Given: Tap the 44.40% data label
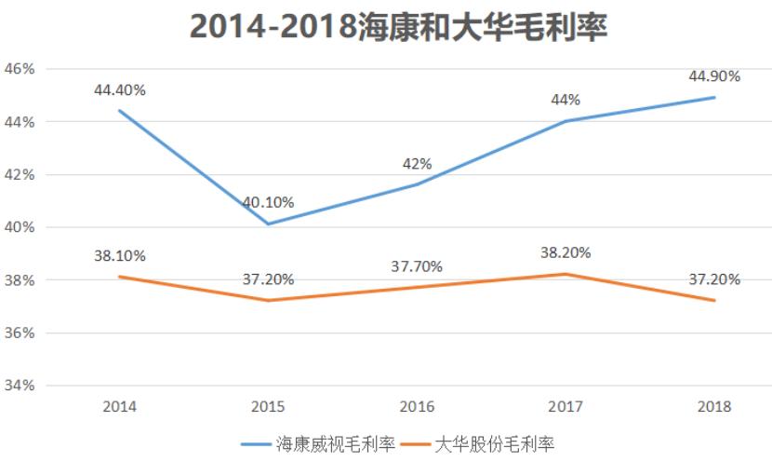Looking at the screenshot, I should (x=119, y=90).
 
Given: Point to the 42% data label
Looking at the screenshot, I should (x=417, y=164).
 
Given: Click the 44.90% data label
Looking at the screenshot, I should (x=714, y=76).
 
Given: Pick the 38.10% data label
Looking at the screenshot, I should (x=119, y=255).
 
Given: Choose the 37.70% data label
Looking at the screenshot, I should (x=417, y=266).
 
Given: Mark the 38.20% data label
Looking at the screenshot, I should (x=566, y=252).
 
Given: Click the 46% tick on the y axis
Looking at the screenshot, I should (x=20, y=69).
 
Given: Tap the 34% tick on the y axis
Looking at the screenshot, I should (x=20, y=386).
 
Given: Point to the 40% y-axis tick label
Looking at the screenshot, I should (x=20, y=227).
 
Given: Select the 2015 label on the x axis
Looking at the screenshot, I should (x=268, y=407).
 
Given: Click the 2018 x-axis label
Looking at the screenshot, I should (x=714, y=407).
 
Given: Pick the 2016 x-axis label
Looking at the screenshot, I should (x=417, y=407).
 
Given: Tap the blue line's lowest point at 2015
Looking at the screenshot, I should (x=268, y=224).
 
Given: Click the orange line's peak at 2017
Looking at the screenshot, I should (x=566, y=274).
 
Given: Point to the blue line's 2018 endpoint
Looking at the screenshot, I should (x=714, y=97).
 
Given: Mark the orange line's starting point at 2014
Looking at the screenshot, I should (x=119, y=277).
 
